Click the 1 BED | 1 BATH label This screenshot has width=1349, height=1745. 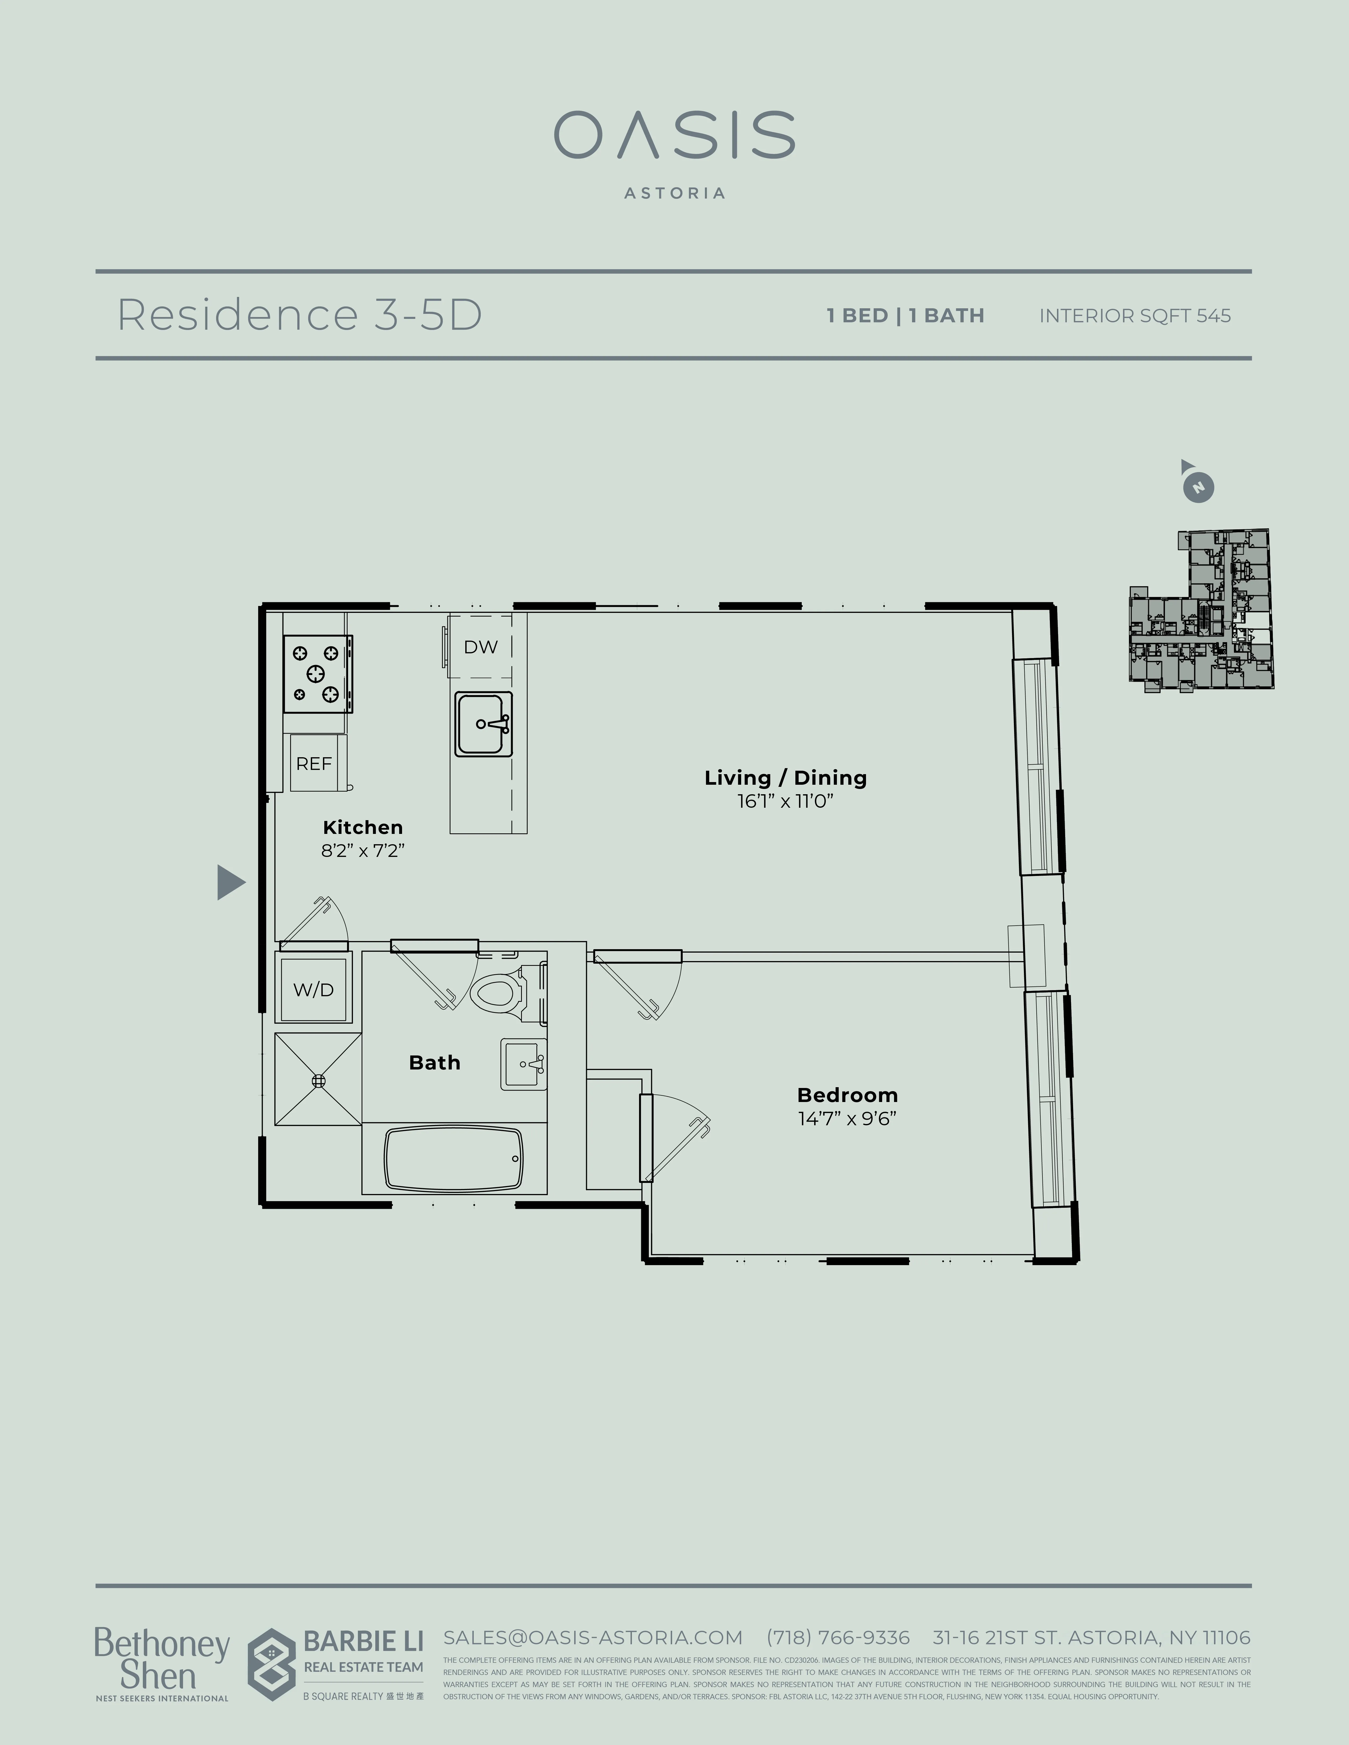905,316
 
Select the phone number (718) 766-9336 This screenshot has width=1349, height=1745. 837,1638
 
